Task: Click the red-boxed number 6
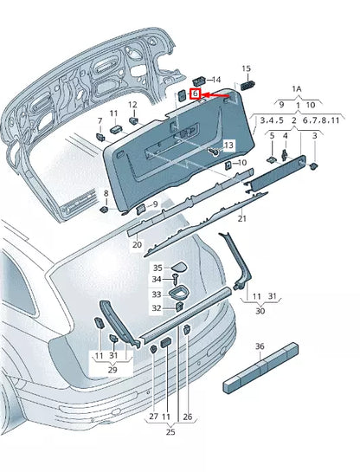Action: [196, 93]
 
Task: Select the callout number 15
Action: [246, 68]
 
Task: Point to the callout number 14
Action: [216, 79]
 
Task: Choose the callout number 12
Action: [133, 106]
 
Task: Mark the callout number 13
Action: [229, 145]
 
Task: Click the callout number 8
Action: [106, 193]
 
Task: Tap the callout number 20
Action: [137, 245]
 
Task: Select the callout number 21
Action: [241, 219]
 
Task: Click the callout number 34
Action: [157, 279]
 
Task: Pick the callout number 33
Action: [157, 294]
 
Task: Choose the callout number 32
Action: [157, 307]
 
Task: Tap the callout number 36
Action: [259, 346]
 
